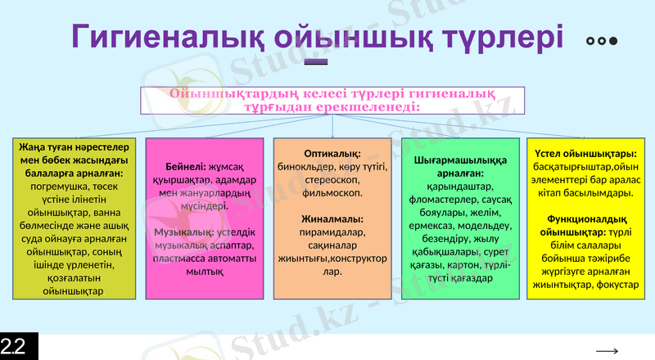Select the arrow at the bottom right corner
(607, 351)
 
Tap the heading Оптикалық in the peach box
(330, 155)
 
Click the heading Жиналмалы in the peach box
(331, 219)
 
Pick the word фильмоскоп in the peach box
(331, 193)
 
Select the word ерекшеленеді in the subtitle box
(377, 107)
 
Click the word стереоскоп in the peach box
(331, 180)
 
